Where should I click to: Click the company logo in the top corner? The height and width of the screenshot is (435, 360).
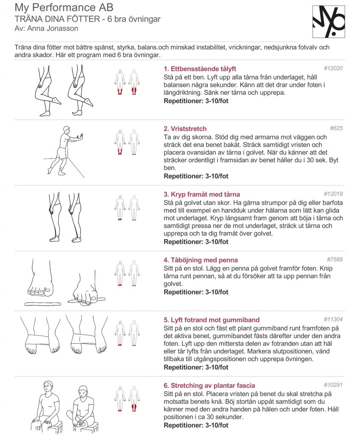click(x=329, y=22)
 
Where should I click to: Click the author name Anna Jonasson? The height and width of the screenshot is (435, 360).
click(x=53, y=28)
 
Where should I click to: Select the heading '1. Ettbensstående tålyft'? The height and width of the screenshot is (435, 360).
click(x=200, y=69)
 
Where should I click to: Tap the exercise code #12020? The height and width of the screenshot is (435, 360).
click(x=333, y=68)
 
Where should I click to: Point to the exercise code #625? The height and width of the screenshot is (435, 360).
click(x=336, y=128)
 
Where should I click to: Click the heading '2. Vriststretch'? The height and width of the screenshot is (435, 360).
click(x=185, y=129)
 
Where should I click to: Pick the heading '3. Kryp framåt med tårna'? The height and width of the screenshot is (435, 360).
click(x=202, y=194)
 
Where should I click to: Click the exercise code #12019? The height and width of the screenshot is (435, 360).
click(x=333, y=194)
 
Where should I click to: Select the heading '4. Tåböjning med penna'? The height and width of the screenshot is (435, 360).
click(x=201, y=260)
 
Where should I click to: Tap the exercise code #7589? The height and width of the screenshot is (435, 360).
click(x=335, y=260)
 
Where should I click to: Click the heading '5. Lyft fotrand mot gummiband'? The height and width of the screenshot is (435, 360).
click(x=212, y=320)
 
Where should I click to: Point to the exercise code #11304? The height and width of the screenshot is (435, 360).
click(x=333, y=319)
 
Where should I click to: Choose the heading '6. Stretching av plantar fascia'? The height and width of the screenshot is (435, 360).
click(x=209, y=385)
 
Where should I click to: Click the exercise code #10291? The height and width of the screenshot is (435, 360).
click(x=333, y=385)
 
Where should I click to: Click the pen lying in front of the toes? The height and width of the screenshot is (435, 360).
click(x=43, y=304)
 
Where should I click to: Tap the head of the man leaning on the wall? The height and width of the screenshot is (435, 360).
click(x=66, y=130)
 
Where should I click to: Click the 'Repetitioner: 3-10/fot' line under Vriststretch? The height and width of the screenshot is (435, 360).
click(x=196, y=176)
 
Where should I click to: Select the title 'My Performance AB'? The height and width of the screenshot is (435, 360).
click(x=64, y=8)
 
